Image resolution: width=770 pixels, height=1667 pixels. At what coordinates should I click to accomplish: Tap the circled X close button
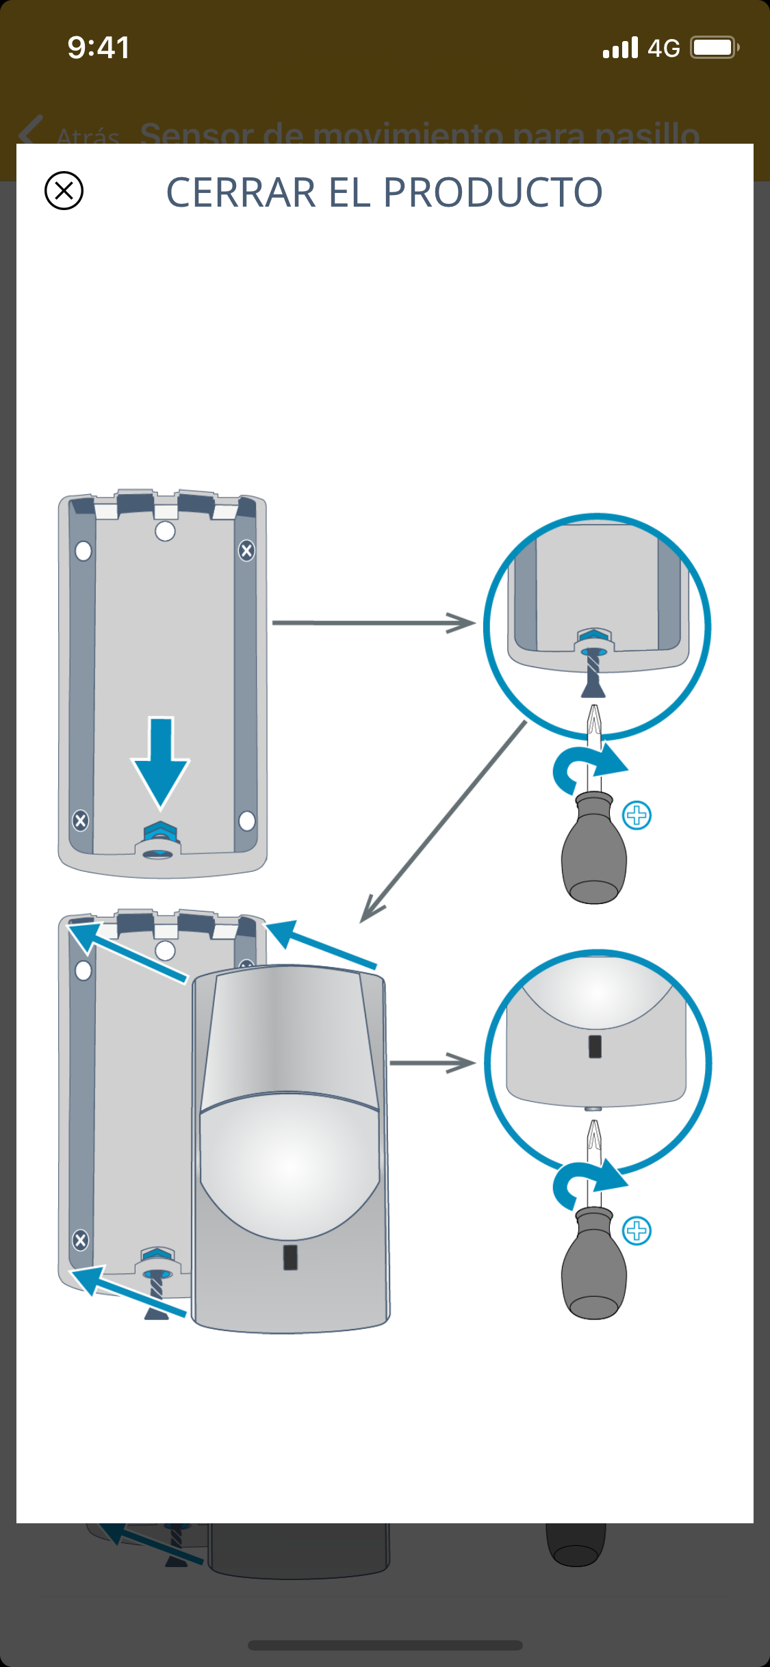coord(64,190)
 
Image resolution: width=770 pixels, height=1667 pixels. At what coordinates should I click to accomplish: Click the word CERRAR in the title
coord(241,192)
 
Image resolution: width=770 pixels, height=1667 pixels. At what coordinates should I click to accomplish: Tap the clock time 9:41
coord(99,48)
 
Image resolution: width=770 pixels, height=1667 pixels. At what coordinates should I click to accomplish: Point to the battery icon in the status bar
coord(714,48)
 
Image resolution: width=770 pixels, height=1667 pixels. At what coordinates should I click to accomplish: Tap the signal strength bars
coord(620,48)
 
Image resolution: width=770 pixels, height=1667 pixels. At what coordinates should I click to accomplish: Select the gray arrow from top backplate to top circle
coord(373,623)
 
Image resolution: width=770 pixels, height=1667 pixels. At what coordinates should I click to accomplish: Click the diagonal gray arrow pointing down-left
coord(444,821)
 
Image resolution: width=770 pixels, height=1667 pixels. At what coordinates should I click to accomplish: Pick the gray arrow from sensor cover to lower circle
coord(432,1063)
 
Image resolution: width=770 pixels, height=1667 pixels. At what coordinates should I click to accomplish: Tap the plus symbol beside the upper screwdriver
coord(637,815)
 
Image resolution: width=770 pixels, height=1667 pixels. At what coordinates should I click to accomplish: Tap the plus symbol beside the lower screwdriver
coord(637,1230)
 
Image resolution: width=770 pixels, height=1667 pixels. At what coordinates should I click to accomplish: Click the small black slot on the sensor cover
coord(290,1257)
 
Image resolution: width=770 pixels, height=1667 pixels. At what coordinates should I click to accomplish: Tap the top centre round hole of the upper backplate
coord(165,531)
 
